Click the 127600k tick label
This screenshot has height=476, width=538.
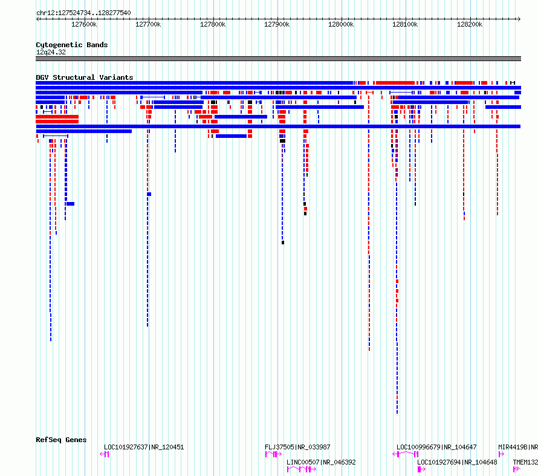tap(84, 24)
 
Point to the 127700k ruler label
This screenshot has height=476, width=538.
tap(148, 24)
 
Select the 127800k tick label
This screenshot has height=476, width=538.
tap(213, 24)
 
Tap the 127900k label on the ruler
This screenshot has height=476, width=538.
tap(277, 24)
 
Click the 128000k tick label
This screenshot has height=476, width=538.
tap(341, 24)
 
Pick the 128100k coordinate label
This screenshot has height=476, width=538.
tap(405, 24)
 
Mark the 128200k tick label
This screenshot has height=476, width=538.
tap(470, 24)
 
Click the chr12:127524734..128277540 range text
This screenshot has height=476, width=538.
tap(83, 13)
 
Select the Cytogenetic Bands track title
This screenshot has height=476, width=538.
tap(72, 45)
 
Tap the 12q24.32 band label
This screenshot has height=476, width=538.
tap(51, 52)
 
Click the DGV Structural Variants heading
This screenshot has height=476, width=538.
tap(85, 77)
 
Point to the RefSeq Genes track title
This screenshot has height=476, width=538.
tap(61, 440)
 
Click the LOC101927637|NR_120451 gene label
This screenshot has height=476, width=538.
tap(144, 447)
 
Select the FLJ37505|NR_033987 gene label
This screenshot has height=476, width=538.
tap(297, 447)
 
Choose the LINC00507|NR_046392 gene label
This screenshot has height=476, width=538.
tap(321, 462)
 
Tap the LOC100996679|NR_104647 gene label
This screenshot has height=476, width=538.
tap(436, 447)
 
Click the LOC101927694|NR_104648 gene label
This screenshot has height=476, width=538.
tap(457, 462)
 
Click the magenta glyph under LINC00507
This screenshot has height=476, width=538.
tap(301, 469)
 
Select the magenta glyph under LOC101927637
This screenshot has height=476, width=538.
tap(105, 454)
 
